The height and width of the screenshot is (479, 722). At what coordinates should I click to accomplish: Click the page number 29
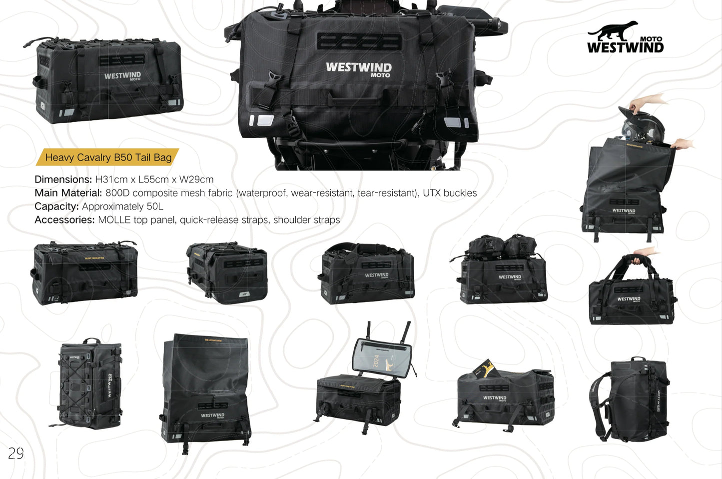[15, 453]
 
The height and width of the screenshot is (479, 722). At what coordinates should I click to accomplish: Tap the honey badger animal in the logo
[614, 31]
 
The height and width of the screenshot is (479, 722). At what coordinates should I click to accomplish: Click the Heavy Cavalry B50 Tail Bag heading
[108, 157]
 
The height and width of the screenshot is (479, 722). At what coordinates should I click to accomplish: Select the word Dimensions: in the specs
[63, 179]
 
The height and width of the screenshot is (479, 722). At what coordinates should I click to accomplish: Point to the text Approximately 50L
[122, 206]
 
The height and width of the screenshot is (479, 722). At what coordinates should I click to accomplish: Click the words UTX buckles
[450, 193]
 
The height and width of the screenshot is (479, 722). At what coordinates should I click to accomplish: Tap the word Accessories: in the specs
[64, 220]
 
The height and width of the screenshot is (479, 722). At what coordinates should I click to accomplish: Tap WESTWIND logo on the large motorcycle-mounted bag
[358, 68]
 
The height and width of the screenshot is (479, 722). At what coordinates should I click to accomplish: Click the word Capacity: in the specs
[56, 206]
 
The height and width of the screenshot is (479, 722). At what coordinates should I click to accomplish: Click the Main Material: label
[68, 193]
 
